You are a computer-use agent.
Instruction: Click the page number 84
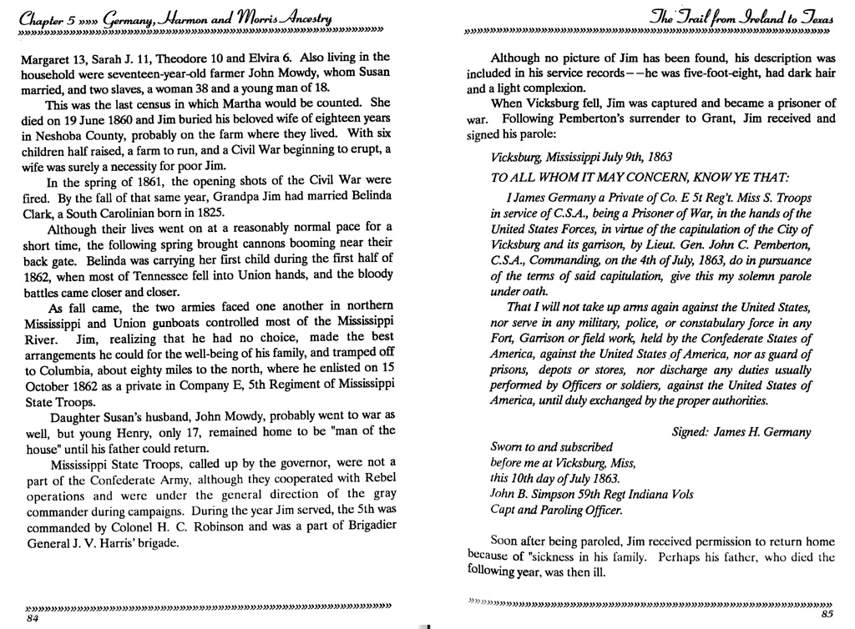tap(33, 620)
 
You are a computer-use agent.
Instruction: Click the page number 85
tap(827, 616)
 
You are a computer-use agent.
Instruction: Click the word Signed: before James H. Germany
tap(691, 432)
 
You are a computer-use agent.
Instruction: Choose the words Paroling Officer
tap(583, 510)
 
